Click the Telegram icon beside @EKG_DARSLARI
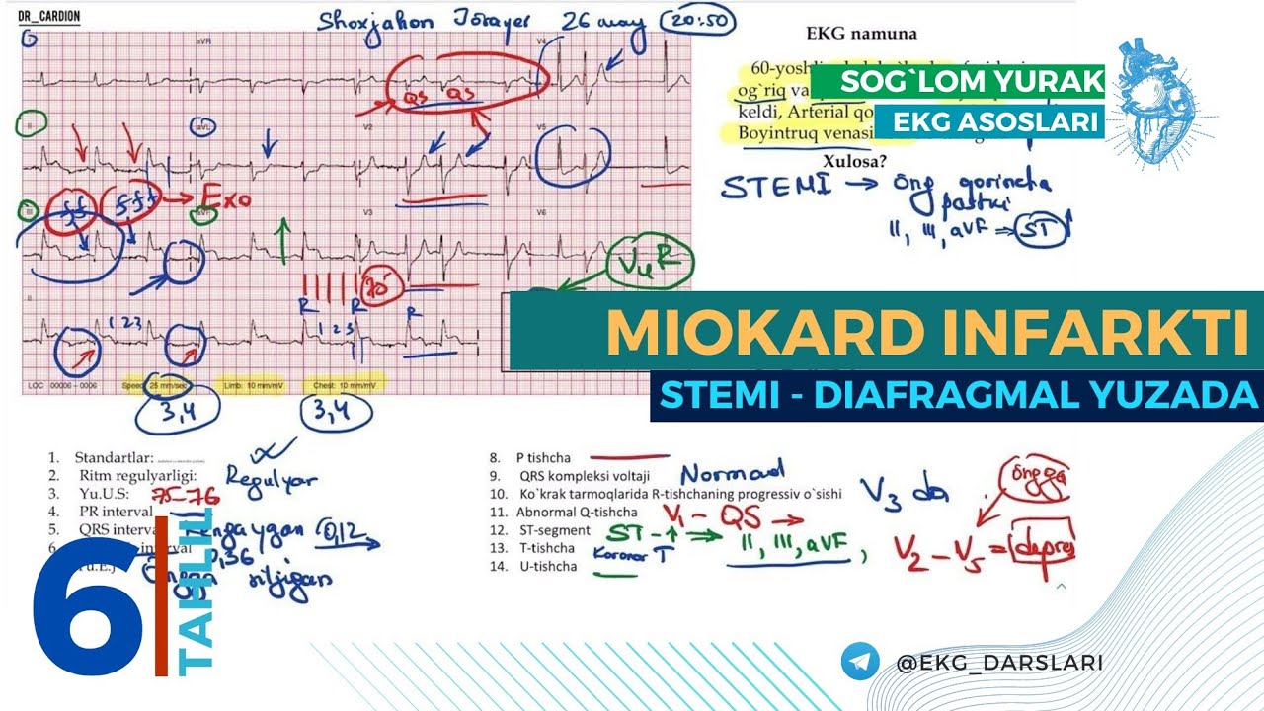pos(860,662)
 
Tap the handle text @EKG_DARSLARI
pos(998,663)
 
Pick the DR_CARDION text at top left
pos(50,17)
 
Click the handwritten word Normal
pos(732,472)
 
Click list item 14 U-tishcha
pos(547,567)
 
